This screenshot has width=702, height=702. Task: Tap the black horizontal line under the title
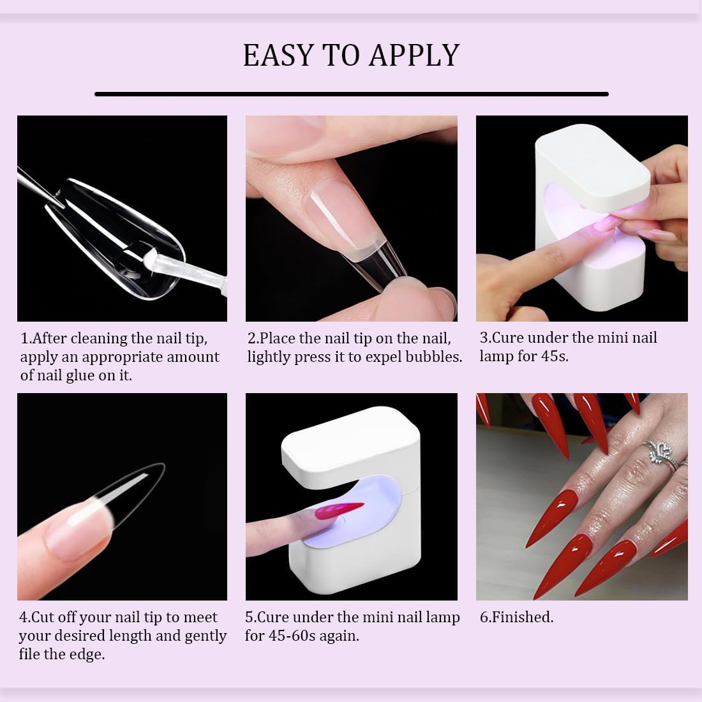tap(351, 94)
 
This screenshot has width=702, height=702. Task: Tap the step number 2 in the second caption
tap(251, 338)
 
